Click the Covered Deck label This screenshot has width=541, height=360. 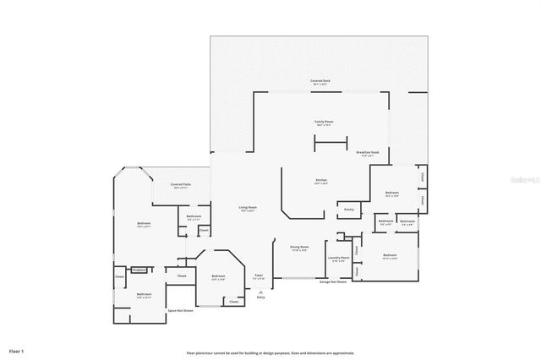point(320,81)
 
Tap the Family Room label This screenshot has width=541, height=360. point(325,123)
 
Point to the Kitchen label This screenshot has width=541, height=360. point(321,181)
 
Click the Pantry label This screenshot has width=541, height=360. point(348,209)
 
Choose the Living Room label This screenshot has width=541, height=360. point(247,208)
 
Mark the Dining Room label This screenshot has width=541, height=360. point(299,248)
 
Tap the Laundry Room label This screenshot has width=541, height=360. point(340,258)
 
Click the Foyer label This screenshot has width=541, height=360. point(260,275)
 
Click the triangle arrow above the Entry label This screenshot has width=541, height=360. point(260,291)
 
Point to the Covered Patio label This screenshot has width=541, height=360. point(180,184)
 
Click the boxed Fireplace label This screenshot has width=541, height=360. point(139,270)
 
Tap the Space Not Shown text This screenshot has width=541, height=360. point(180,311)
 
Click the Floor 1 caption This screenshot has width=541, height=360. point(17,350)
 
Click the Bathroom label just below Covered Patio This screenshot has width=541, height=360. point(194,217)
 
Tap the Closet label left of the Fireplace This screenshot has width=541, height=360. point(119,276)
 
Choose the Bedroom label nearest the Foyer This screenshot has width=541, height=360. point(218,276)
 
